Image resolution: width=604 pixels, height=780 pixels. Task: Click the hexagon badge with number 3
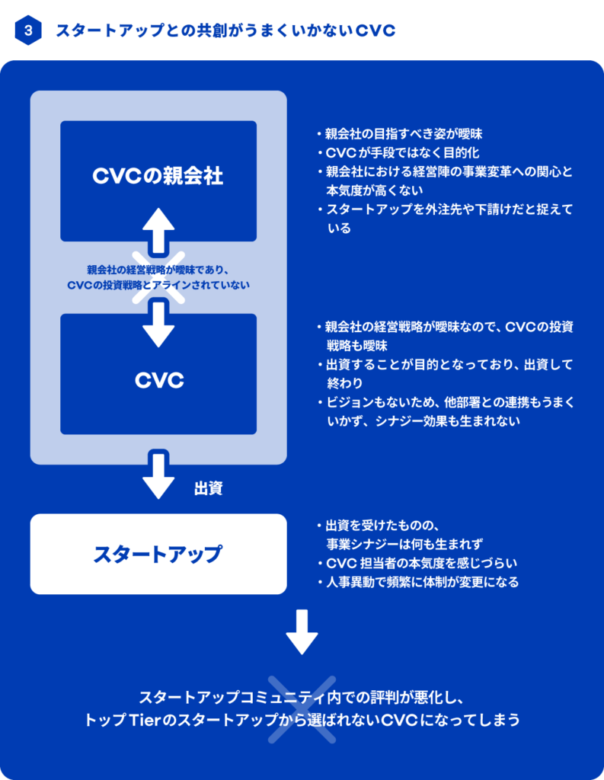point(28,31)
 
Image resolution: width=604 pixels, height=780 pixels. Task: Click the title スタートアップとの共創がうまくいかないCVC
point(224,31)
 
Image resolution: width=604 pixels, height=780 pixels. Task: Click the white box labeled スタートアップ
point(158,554)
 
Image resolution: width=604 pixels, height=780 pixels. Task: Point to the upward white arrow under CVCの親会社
point(158,230)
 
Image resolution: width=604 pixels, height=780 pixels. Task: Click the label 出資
point(208,488)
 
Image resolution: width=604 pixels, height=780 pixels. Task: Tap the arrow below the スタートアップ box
point(302,631)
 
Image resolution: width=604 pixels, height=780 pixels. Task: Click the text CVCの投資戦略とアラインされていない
point(158,284)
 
